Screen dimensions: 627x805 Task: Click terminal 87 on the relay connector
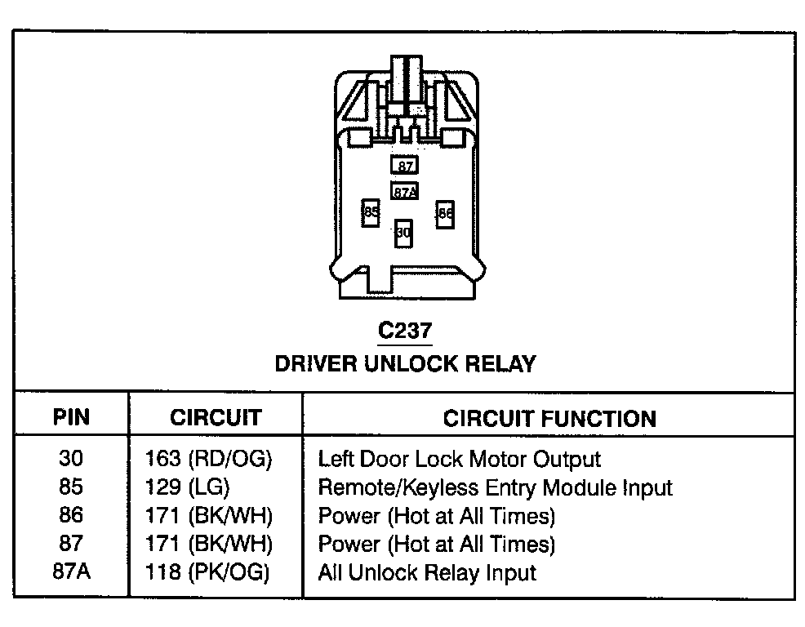404,166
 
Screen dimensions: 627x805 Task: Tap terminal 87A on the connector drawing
405,192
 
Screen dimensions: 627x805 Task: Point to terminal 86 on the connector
445,214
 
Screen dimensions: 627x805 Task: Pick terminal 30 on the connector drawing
403,233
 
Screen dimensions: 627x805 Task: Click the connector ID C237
404,331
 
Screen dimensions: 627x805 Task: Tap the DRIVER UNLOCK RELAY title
405,363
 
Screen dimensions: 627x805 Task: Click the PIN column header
71,418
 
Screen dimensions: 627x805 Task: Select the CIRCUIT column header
216,418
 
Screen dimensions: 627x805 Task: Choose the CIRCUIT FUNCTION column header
549,419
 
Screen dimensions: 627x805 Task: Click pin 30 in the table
71,459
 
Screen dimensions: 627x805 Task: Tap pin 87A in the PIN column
71,571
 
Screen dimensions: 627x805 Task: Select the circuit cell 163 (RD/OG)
208,459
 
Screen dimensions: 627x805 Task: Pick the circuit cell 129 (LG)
187,487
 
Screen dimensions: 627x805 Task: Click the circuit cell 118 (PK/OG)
207,571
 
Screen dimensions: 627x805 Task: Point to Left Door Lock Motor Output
459,459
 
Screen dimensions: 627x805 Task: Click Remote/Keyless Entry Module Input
495,487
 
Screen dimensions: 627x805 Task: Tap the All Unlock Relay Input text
427,571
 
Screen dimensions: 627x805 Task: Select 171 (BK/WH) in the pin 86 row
208,515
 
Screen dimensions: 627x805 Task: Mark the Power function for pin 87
436,543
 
